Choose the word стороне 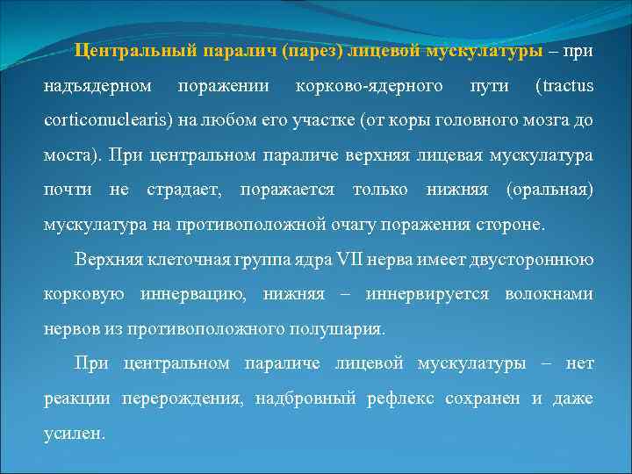coord(507,224)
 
